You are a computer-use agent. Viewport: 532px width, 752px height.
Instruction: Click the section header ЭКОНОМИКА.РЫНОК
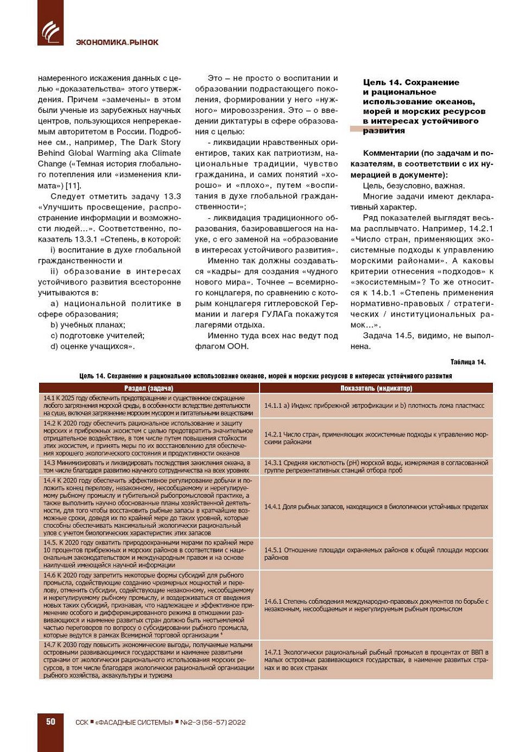[117, 42]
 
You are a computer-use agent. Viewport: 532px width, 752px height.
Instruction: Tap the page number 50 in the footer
[50, 722]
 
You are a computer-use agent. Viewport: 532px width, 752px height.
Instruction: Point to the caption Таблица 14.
[468, 362]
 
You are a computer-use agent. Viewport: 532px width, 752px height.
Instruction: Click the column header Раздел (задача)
[149, 388]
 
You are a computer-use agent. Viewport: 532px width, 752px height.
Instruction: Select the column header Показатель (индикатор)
[376, 388]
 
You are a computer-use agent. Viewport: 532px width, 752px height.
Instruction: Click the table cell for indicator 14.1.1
[376, 406]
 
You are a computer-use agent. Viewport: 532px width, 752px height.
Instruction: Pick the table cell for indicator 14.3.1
[376, 466]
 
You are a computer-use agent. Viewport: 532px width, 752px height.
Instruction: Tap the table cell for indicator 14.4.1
[376, 507]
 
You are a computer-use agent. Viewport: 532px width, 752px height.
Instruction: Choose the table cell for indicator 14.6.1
[376, 605]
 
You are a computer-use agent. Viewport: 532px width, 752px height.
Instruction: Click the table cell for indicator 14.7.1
[376, 660]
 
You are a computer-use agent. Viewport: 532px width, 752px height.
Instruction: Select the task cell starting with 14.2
[149, 438]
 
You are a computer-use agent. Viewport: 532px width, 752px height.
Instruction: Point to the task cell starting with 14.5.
[149, 553]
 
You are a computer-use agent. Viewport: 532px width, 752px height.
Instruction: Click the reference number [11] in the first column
[73, 186]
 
